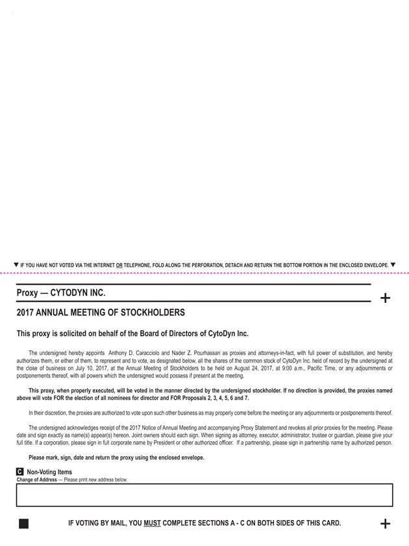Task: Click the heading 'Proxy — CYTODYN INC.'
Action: pyautogui.click(x=61, y=292)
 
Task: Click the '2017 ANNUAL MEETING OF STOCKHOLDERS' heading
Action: pyautogui.click(x=101, y=313)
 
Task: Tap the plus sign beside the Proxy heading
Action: pyautogui.click(x=385, y=298)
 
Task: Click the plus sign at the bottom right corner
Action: pyautogui.click(x=385, y=523)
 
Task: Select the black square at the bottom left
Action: pyautogui.click(x=24, y=523)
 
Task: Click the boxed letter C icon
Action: pyautogui.click(x=20, y=472)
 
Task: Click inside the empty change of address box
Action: pyautogui.click(x=204, y=495)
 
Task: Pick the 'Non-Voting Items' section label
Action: pyautogui.click(x=49, y=472)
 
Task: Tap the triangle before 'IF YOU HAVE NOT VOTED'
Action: pyautogui.click(x=16, y=265)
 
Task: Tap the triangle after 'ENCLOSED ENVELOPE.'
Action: pyautogui.click(x=393, y=265)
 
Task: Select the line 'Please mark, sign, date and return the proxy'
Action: pyautogui.click(x=116, y=458)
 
